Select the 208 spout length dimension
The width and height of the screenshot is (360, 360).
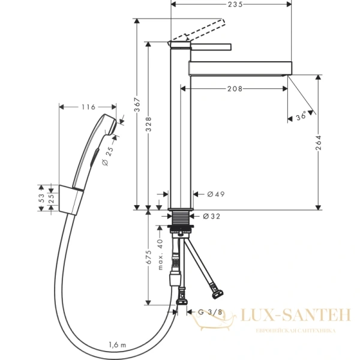[235, 89]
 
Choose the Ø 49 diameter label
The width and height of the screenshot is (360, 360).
[215, 194]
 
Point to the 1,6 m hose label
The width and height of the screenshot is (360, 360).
[118, 344]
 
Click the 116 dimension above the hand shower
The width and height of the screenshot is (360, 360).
[88, 107]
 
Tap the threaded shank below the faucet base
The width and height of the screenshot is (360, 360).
[179, 219]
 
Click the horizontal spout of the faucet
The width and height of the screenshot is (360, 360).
[240, 67]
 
